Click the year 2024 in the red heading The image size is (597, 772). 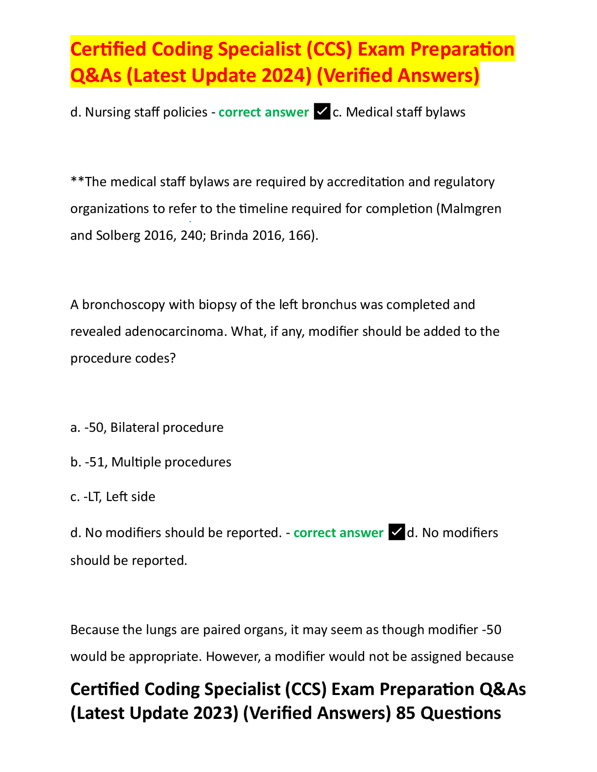click(x=283, y=76)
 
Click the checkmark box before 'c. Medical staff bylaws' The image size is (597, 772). click(x=322, y=112)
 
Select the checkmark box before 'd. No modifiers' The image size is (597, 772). click(x=397, y=532)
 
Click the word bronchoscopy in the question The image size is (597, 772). click(x=124, y=305)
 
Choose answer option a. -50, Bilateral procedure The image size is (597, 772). click(x=147, y=427)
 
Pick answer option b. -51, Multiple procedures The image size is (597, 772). click(x=151, y=462)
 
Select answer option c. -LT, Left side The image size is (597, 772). click(x=113, y=497)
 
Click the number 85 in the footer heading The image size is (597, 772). click(x=406, y=713)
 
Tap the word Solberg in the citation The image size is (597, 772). click(x=118, y=236)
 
